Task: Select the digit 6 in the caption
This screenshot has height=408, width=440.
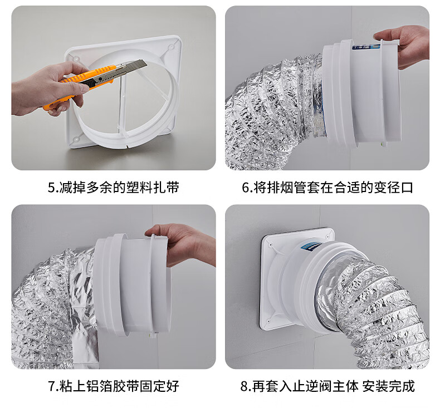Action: pos(245,188)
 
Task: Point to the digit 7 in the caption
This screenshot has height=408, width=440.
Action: pos(52,386)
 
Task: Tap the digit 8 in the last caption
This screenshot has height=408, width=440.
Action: pos(244,386)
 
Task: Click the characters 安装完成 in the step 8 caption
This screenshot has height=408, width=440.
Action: pos(388,386)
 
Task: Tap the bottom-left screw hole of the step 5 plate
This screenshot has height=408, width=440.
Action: pos(76,139)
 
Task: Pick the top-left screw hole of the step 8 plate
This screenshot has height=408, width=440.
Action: pos(271,245)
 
